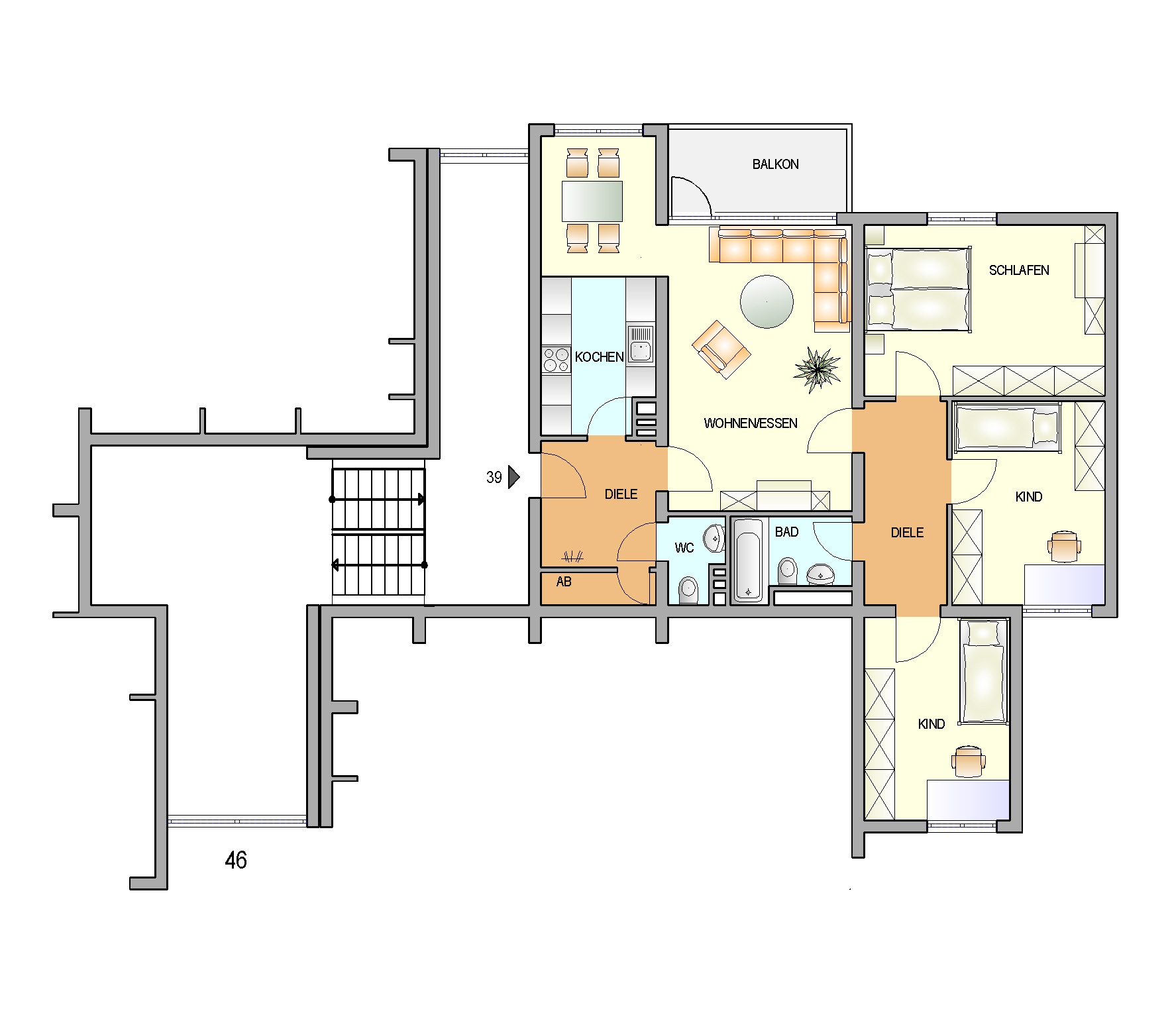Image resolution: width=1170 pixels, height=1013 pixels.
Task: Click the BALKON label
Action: (x=775, y=164)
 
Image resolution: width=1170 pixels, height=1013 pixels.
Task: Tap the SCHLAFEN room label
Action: (x=1019, y=270)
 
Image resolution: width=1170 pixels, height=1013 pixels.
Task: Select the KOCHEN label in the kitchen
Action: (x=599, y=357)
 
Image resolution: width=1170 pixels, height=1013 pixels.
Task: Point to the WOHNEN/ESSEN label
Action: (x=751, y=423)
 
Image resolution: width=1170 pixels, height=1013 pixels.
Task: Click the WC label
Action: (x=684, y=548)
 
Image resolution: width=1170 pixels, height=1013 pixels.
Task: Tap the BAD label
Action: (x=786, y=532)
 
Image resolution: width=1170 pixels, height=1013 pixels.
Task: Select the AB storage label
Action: (x=564, y=582)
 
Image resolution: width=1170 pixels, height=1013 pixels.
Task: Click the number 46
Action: (x=236, y=861)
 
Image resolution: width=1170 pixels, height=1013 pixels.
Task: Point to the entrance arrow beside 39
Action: (x=513, y=477)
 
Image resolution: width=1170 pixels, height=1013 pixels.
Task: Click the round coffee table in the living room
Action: (x=767, y=302)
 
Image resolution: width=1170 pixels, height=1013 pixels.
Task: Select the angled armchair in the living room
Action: (x=721, y=349)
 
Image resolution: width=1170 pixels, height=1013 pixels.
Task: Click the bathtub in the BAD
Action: (x=749, y=560)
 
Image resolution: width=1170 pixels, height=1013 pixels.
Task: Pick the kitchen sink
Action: (x=641, y=344)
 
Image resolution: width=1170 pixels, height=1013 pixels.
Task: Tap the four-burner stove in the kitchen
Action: (x=557, y=360)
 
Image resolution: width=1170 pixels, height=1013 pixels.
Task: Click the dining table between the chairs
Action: (x=592, y=201)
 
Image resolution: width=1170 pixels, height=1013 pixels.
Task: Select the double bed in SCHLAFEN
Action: (x=919, y=289)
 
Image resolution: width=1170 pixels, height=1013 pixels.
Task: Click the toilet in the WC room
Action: (x=688, y=590)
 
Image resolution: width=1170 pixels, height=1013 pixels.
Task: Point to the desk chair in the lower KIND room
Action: (x=969, y=761)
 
